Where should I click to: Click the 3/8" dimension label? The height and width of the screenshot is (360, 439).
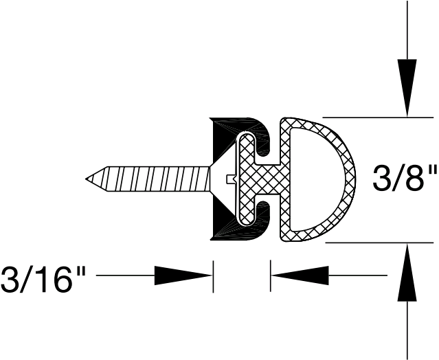403,180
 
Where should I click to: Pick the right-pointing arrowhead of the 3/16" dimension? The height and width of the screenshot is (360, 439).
182,276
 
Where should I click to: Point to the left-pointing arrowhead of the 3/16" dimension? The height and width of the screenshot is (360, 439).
300,276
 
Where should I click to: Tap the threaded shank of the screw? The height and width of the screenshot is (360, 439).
151,180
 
